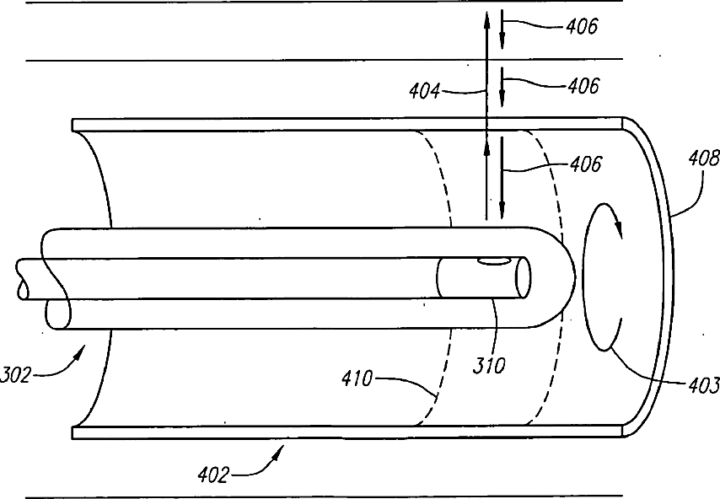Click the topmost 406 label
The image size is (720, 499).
(582, 26)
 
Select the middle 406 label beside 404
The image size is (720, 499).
(582, 85)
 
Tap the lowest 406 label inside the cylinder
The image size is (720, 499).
(584, 165)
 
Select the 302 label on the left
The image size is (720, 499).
(17, 373)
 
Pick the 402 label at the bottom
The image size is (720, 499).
(212, 475)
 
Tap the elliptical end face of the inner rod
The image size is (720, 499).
(523, 276)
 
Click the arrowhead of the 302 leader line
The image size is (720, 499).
(81, 349)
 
